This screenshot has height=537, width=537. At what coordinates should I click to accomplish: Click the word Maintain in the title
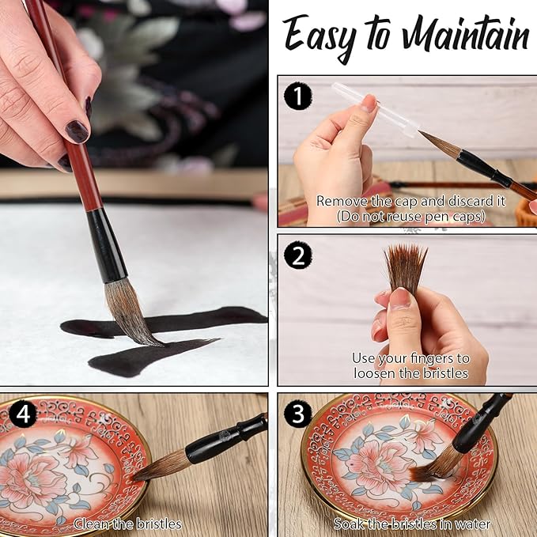466,34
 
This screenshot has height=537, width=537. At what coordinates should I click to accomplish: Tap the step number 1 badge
298,96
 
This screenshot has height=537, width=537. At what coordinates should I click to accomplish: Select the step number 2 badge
298,255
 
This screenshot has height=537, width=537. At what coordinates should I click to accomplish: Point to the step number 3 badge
298,414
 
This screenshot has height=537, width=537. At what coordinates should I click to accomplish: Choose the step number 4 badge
23,414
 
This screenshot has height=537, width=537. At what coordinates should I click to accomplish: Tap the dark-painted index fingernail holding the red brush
77,131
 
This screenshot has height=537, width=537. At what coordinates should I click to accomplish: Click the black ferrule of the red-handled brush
106,246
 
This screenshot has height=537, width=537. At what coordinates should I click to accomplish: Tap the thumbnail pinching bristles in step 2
400,297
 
